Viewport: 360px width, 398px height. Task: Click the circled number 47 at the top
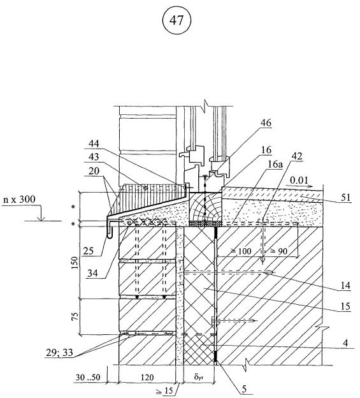(176, 20)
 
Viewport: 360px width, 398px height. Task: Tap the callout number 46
(266, 123)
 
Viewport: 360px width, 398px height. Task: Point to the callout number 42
(297, 156)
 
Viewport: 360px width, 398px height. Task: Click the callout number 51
(346, 198)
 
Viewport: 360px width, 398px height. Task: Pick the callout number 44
(94, 144)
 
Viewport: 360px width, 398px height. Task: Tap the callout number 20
(94, 170)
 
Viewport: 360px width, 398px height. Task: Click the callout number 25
(88, 251)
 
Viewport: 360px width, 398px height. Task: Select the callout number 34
(93, 274)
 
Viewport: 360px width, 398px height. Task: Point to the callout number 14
(345, 286)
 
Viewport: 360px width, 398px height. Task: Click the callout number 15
(345, 306)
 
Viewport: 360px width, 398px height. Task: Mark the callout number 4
(345, 344)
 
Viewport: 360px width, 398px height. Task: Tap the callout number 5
(244, 389)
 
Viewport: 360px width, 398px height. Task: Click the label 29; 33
(59, 353)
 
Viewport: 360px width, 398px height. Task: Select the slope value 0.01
(299, 181)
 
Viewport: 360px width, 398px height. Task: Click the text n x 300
(19, 200)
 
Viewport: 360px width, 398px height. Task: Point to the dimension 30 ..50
(88, 378)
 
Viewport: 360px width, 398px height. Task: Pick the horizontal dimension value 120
(147, 378)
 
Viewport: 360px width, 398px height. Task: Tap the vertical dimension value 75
(75, 316)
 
